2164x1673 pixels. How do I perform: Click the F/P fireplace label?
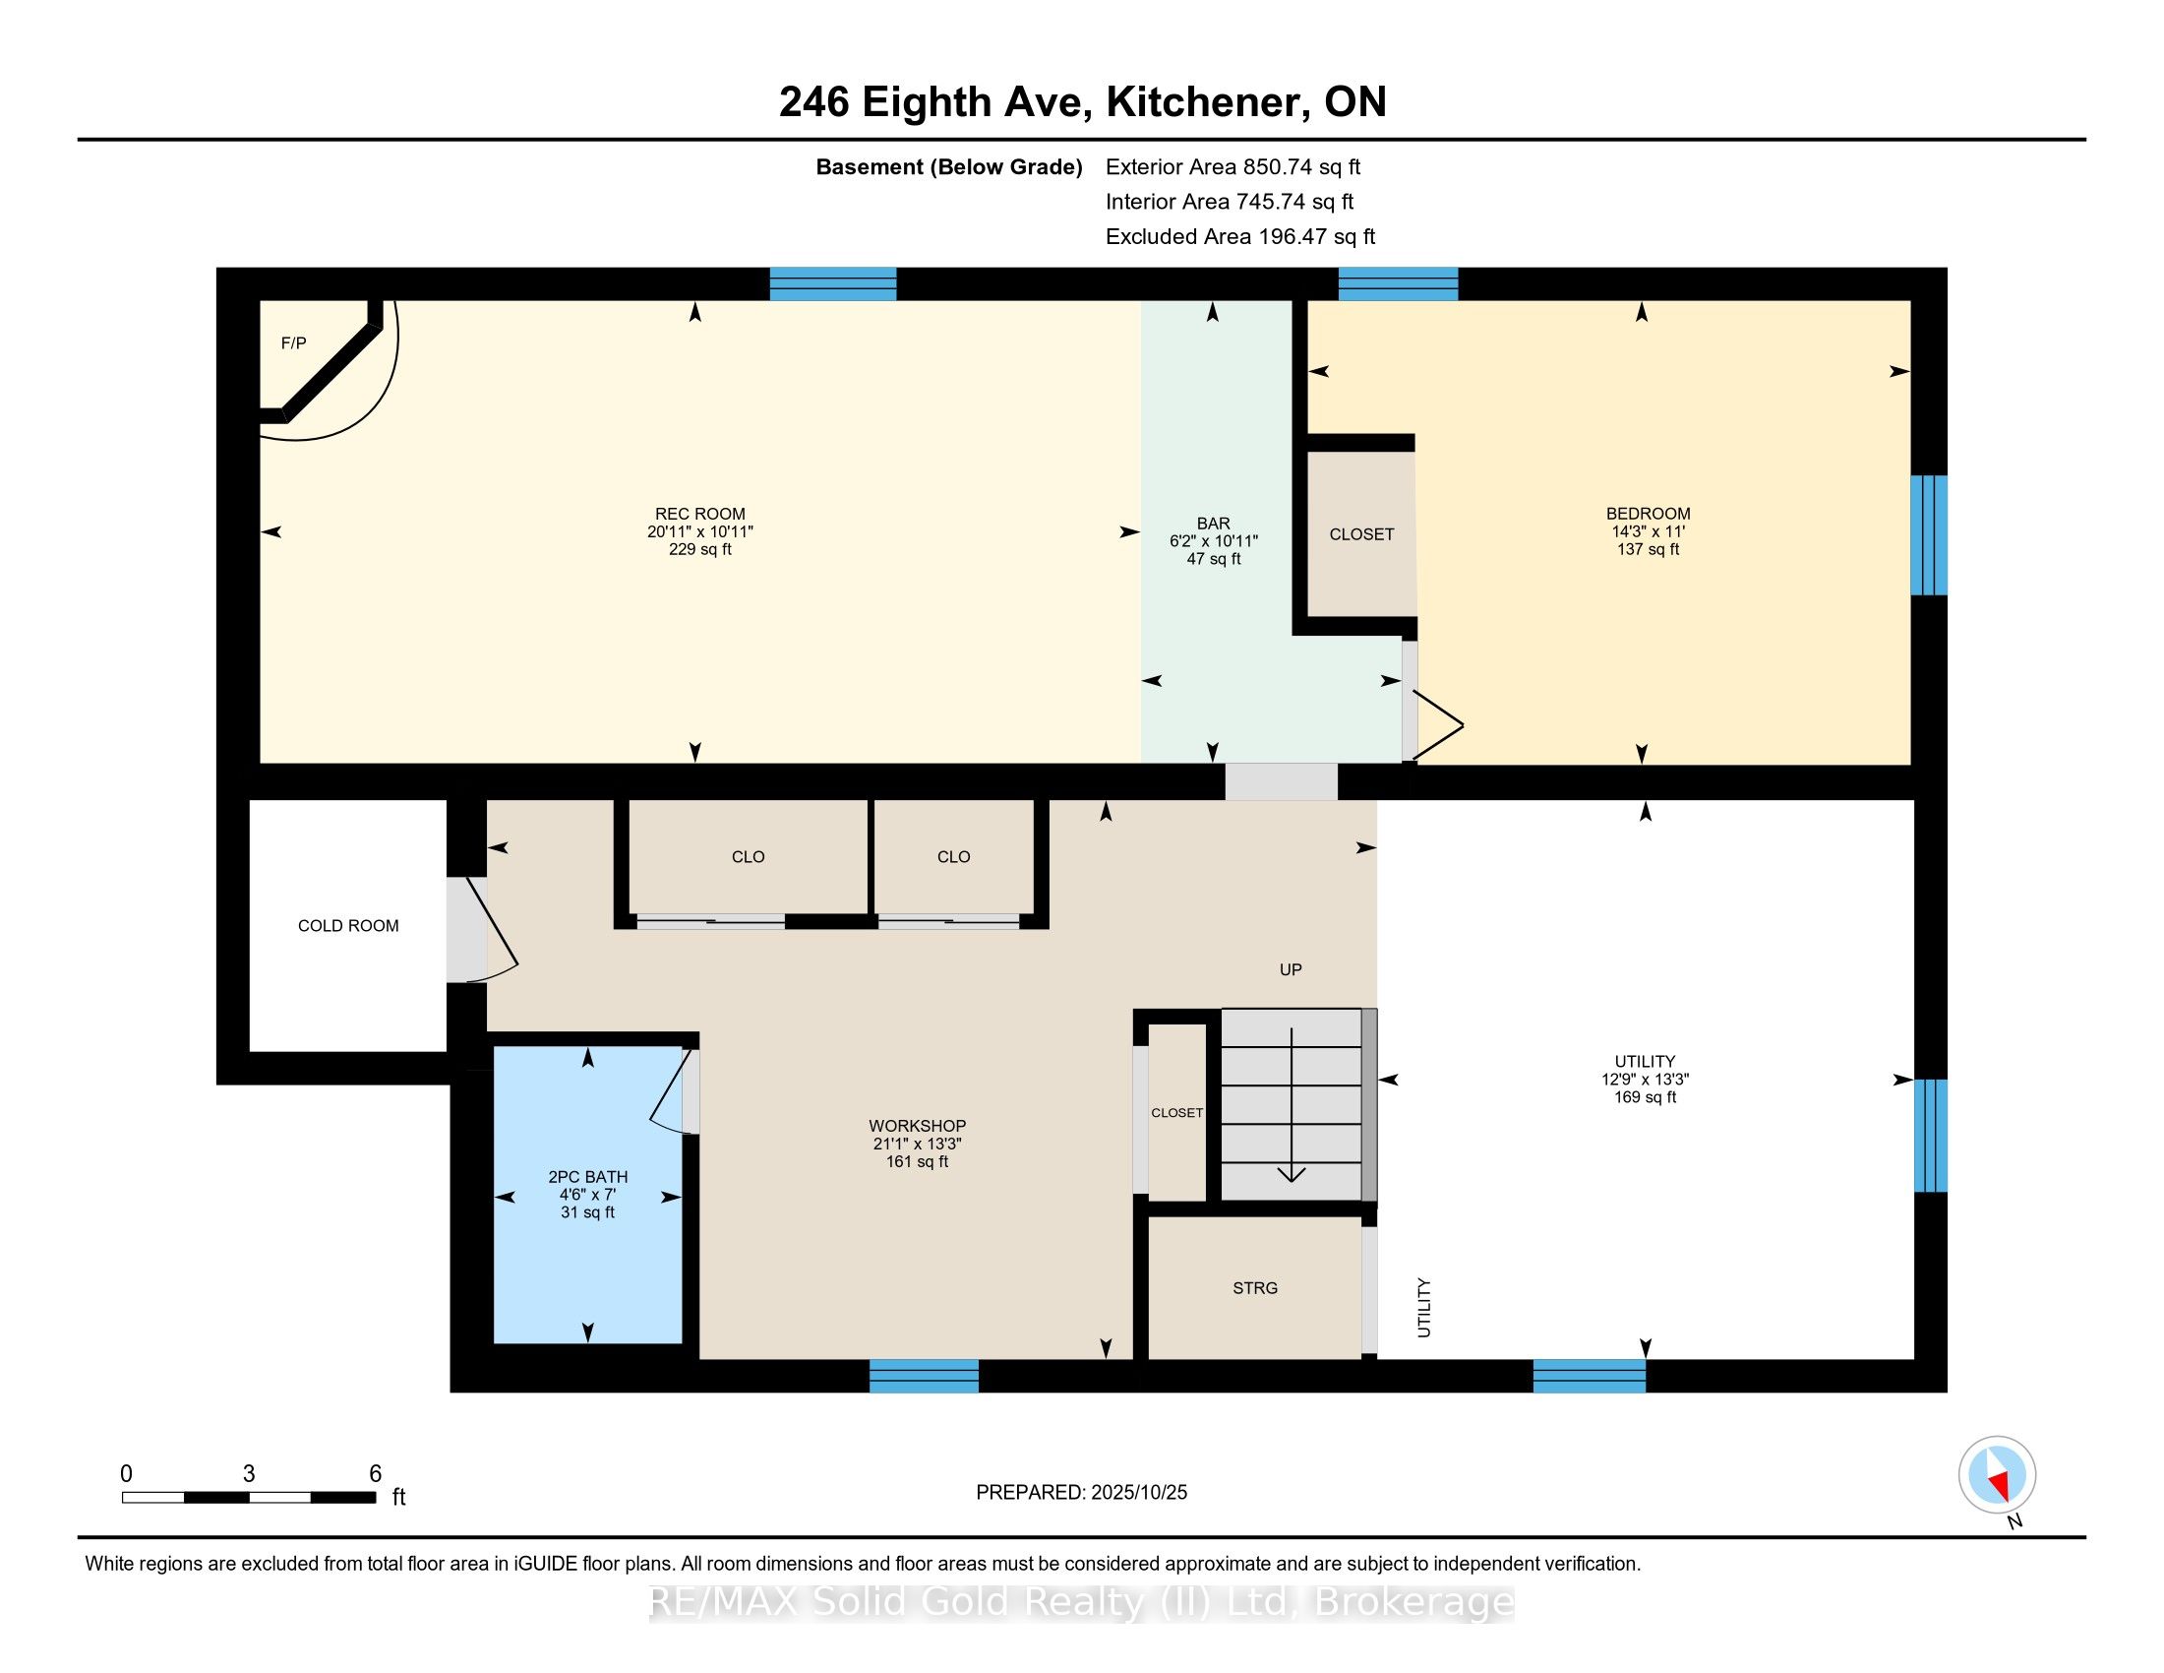293,342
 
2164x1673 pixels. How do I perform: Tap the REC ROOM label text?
699,514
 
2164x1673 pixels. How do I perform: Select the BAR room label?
1213,524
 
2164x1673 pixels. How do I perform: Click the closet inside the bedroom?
1361,534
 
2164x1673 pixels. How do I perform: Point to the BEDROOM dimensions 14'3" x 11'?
1648,531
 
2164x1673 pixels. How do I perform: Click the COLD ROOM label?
348,926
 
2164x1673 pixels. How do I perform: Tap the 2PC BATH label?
587,1176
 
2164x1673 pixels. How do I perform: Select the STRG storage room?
1254,1287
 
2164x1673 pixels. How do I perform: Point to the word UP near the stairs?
1291,969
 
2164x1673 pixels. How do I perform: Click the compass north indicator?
1998,1476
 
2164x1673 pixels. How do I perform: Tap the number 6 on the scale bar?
375,1474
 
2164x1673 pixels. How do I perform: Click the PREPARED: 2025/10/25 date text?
1081,1492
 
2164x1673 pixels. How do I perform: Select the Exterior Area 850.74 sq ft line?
1232,166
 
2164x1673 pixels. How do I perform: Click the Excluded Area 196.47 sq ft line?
1239,236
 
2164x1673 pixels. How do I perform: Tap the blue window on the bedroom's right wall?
1928,535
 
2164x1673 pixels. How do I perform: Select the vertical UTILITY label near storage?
1424,1307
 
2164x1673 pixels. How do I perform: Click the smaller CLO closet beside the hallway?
953,856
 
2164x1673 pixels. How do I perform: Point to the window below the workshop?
924,1376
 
